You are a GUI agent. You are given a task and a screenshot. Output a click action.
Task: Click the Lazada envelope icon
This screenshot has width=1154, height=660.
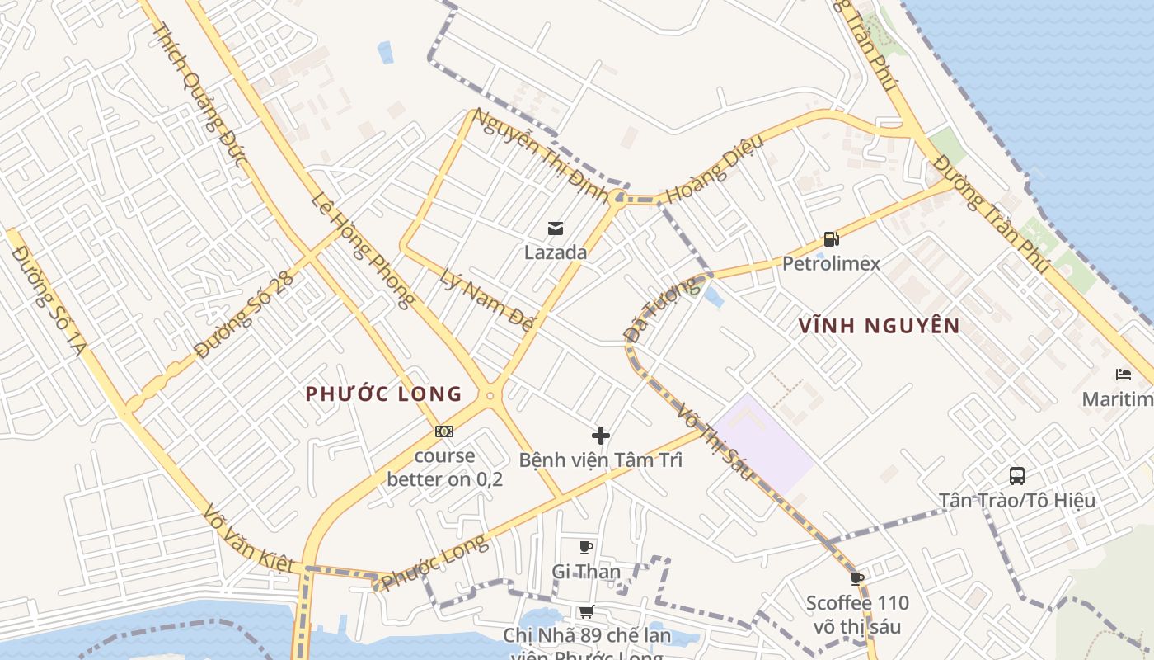pyautogui.click(x=556, y=228)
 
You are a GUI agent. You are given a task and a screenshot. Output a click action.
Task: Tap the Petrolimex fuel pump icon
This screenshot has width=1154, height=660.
pyautogui.click(x=831, y=240)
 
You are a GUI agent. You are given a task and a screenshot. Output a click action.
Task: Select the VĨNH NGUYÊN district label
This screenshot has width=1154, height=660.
pyautogui.click(x=880, y=326)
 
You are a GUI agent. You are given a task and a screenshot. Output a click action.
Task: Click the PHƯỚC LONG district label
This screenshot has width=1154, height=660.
pyautogui.click(x=384, y=394)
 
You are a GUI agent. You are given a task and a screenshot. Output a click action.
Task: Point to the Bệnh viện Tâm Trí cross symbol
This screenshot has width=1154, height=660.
pyautogui.click(x=601, y=435)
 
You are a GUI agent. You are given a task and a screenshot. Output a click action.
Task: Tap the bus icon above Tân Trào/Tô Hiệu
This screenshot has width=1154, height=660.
pyautogui.click(x=1017, y=475)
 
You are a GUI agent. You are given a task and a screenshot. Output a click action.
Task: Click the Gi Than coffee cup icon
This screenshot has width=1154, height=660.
pyautogui.click(x=586, y=546)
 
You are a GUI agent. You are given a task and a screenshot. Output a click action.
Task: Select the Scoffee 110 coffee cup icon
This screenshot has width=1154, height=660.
pyautogui.click(x=857, y=577)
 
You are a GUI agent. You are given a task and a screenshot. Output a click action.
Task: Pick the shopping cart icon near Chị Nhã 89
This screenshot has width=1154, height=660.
pyautogui.click(x=586, y=611)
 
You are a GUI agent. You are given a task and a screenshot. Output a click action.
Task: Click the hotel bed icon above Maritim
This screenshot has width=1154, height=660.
pyautogui.click(x=1123, y=375)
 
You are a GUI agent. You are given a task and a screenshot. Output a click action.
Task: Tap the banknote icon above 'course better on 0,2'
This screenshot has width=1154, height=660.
pyautogui.click(x=444, y=431)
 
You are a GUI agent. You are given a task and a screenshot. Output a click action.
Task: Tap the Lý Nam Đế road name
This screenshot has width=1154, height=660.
pyautogui.click(x=486, y=300)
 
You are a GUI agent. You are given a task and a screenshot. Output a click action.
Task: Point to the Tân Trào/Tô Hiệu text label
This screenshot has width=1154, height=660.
pyautogui.click(x=1017, y=500)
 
